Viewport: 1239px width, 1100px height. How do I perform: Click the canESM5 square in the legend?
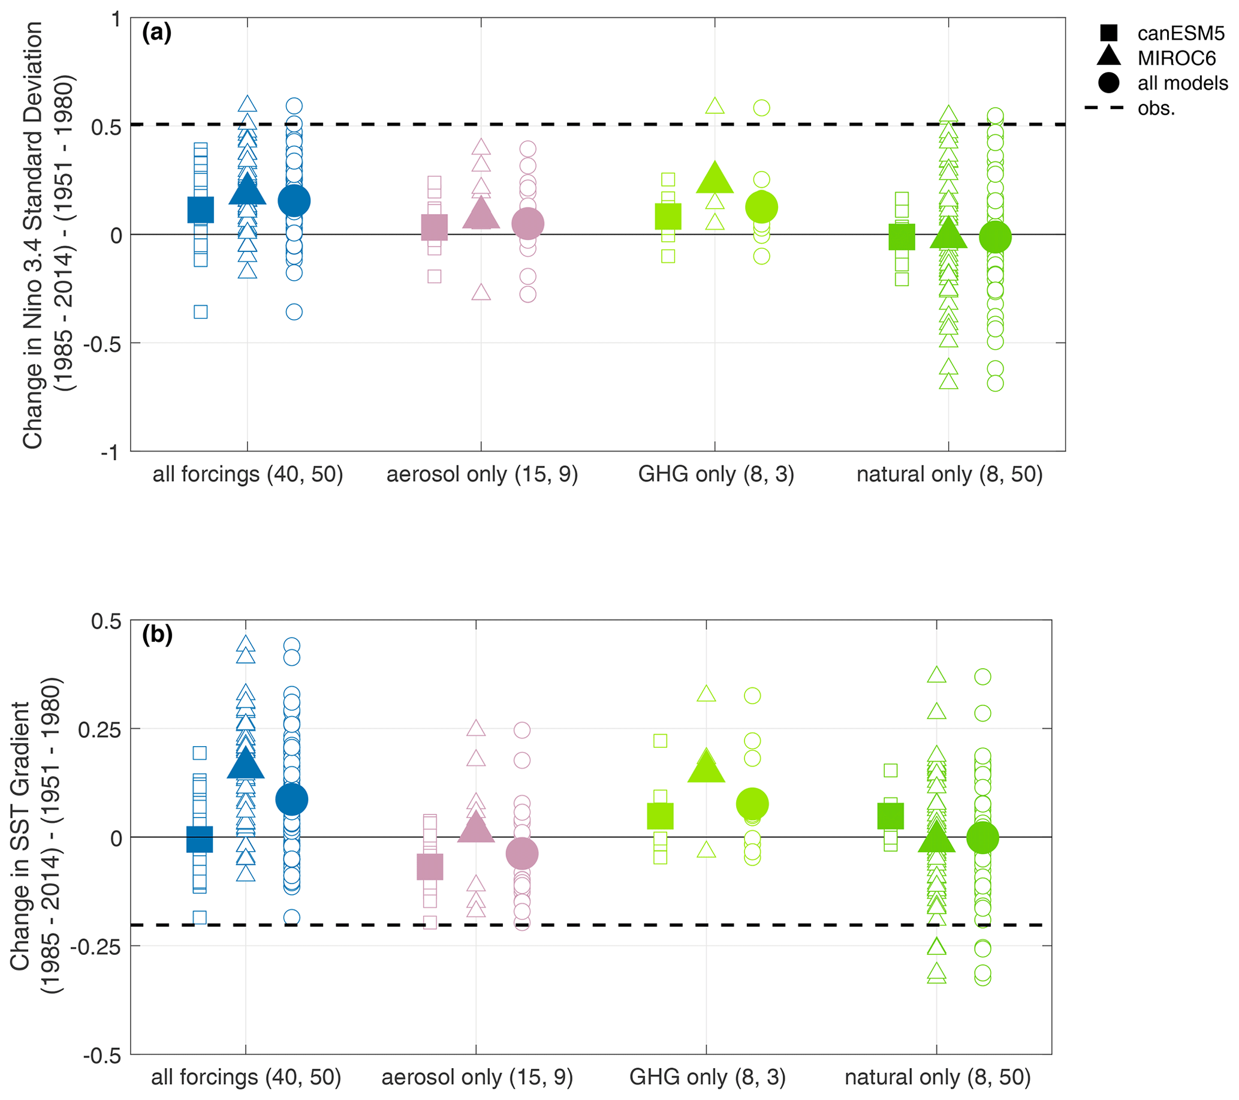(1109, 33)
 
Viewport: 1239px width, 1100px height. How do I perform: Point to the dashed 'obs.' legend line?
(1105, 109)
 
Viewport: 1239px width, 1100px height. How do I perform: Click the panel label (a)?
(156, 32)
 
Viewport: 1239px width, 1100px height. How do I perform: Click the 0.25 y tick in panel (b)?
(100, 729)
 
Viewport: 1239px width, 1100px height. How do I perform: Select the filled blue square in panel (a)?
(201, 210)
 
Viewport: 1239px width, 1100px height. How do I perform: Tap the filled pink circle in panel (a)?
(528, 224)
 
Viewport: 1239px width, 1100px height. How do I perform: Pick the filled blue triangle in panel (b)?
(246, 764)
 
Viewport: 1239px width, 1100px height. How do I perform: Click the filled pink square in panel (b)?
(430, 867)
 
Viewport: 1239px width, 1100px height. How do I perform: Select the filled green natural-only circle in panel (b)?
(982, 837)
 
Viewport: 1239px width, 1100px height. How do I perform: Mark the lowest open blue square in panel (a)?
(201, 312)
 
